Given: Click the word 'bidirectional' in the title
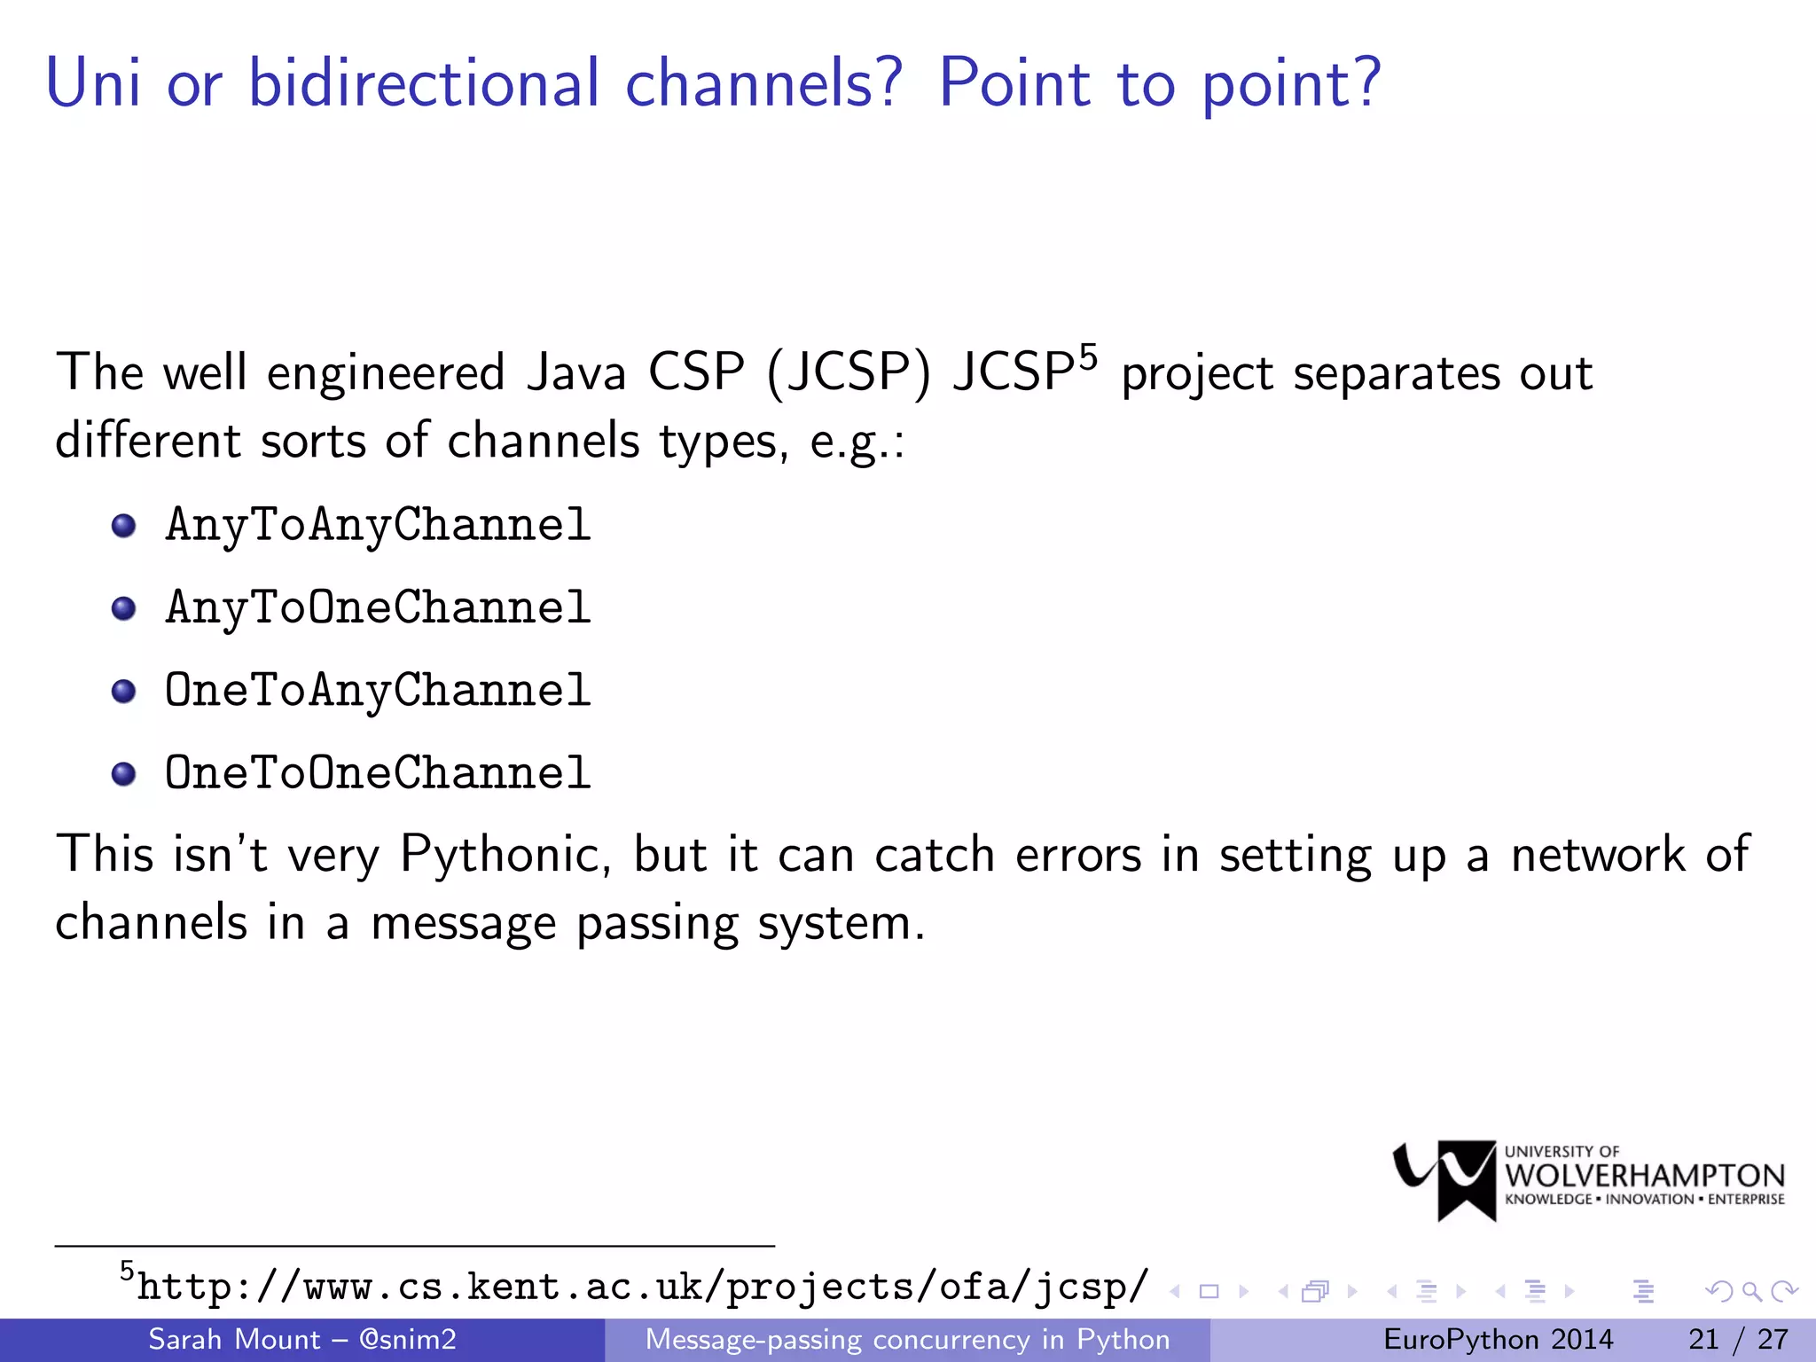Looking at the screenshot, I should pos(424,83).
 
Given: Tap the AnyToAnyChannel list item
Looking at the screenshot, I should pos(378,525).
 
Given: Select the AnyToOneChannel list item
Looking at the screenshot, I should pos(378,607).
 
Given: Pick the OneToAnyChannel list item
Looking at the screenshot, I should pos(378,690).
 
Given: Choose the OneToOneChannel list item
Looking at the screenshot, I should pos(378,772).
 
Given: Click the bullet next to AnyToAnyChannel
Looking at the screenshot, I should pos(124,526).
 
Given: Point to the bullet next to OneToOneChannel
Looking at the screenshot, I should pos(124,773).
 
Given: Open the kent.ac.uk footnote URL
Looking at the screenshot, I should pos(643,1287).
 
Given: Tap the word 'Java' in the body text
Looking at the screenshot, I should pos(576,372).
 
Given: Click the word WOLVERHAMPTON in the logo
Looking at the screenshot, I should pos(1645,1176).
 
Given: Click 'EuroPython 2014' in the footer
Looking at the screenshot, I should pos(1498,1339).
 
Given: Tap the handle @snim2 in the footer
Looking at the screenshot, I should pos(407,1339).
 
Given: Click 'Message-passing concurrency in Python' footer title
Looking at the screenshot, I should pos(907,1339).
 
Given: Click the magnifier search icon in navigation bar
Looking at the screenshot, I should pos(1750,1291).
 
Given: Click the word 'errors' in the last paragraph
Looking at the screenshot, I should pos(1078,855).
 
